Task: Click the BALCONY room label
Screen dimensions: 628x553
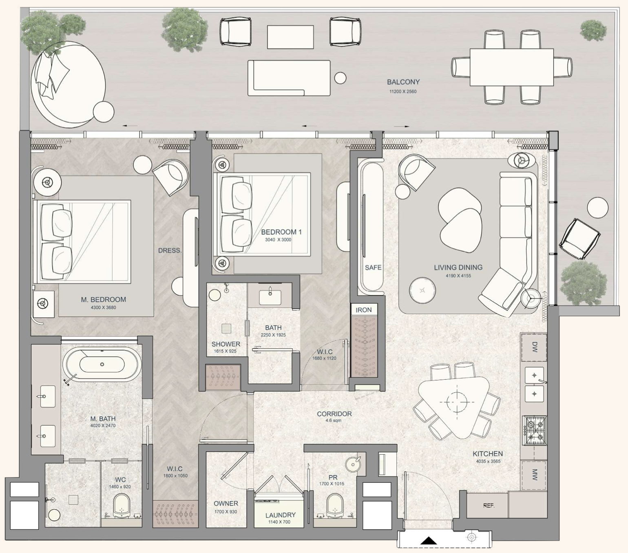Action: [403, 82]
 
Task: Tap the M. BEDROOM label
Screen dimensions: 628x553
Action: [104, 299]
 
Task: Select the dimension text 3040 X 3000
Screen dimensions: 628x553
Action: [278, 240]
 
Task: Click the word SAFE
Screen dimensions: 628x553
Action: [373, 268]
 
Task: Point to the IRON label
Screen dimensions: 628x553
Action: [364, 310]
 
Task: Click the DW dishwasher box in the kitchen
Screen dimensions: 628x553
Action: [534, 347]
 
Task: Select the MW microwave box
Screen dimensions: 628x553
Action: [534, 475]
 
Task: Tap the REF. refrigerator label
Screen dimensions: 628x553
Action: [489, 506]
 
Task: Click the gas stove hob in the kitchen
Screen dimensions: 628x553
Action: [534, 429]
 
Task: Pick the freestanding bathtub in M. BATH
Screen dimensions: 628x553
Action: [102, 364]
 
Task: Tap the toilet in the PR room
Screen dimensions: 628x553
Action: [335, 506]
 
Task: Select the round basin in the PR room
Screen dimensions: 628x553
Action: [354, 464]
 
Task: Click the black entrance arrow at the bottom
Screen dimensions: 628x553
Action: [429, 541]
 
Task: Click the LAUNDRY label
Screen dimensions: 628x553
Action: [280, 515]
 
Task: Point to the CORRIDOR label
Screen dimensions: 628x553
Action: [334, 414]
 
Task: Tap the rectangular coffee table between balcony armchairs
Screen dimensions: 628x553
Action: [290, 37]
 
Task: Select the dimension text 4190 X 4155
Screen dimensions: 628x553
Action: [458, 276]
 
